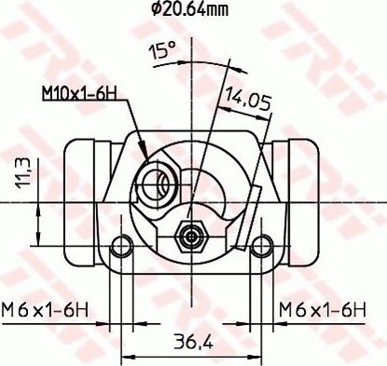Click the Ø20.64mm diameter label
[x=189, y=10]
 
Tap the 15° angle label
[x=162, y=49]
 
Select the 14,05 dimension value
[x=248, y=100]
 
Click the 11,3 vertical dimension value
[x=23, y=172]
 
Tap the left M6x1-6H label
[x=45, y=310]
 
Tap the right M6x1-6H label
[x=323, y=310]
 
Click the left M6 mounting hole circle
[x=121, y=247]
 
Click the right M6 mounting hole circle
[x=261, y=247]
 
